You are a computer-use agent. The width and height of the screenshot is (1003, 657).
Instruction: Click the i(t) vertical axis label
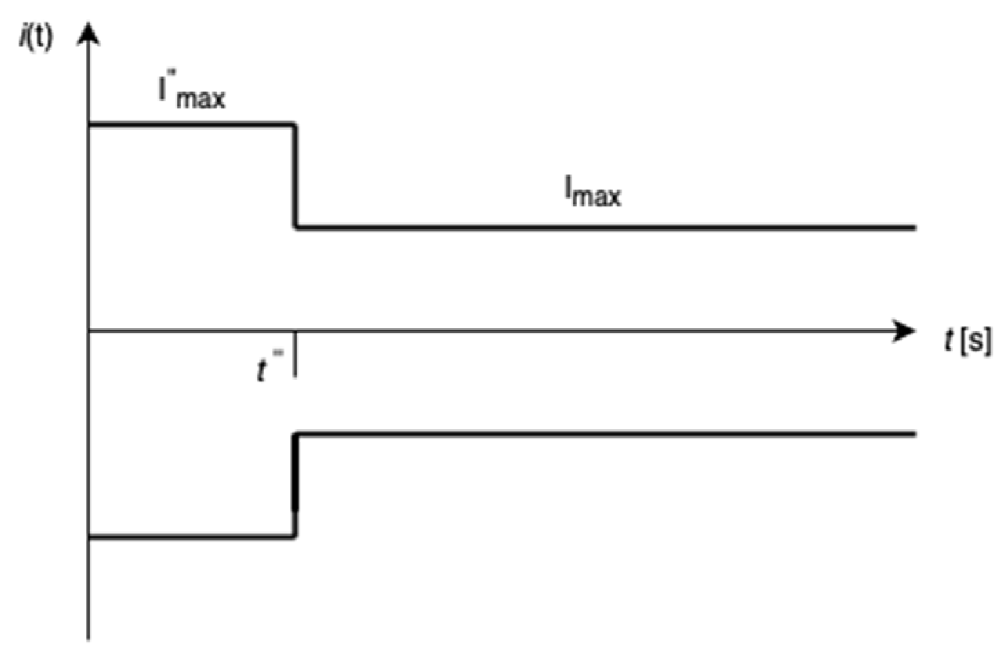(36, 37)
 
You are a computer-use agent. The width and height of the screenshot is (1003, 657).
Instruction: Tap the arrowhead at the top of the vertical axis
(88, 33)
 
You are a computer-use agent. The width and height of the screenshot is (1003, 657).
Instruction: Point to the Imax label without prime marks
(593, 191)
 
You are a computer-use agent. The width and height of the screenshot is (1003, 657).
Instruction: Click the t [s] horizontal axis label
(967, 340)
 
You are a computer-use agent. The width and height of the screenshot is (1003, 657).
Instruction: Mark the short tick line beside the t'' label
(295, 355)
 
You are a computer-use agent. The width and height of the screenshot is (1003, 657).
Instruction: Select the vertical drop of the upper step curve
(295, 176)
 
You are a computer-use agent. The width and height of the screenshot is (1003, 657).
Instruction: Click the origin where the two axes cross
(88, 331)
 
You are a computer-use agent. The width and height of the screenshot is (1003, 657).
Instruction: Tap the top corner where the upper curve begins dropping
(295, 125)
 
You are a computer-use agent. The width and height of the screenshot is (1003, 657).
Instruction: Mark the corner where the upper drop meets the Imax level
(296, 226)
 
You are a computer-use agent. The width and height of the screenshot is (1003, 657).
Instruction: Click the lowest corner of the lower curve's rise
(295, 536)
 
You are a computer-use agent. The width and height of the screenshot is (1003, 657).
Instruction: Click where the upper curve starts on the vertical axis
(89, 124)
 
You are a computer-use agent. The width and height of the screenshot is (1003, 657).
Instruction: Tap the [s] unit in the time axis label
(976, 341)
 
